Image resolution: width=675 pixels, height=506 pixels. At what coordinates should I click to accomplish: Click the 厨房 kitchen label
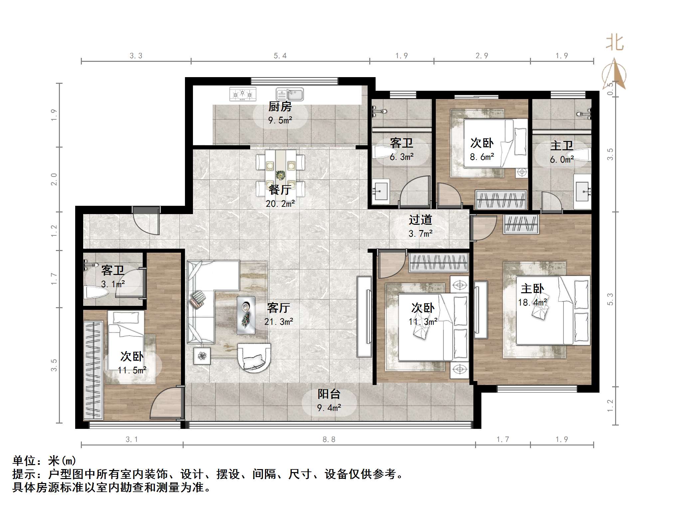coord(280,107)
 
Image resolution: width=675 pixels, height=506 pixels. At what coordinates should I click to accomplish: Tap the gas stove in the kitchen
coord(243,94)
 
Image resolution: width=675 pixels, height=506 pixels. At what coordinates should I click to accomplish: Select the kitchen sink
coord(290,94)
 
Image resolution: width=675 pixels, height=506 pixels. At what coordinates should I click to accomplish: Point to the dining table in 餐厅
coord(280,173)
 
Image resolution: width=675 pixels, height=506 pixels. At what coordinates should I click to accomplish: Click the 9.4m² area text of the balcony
coord(329,408)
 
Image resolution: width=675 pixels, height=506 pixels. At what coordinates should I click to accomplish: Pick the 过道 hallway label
coord(421,220)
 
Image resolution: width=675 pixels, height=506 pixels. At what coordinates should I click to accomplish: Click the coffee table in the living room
coord(246,315)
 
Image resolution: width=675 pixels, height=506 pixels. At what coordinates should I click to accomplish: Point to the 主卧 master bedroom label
coord(532,289)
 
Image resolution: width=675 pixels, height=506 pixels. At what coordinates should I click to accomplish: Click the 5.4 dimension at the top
coord(280,56)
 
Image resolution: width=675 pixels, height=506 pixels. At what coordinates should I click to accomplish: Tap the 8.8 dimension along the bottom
coord(329,440)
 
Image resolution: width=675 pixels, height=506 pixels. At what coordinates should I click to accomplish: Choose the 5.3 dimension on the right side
coord(610,299)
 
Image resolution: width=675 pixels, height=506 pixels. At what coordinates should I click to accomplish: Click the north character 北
coord(614,43)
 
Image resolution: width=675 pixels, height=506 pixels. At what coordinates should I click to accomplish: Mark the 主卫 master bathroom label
coord(562,146)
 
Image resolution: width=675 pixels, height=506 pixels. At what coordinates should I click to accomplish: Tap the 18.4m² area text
coord(532,303)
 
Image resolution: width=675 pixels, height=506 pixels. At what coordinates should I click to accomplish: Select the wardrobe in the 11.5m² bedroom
coord(93,370)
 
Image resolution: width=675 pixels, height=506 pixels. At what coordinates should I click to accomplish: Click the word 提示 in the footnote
coord(24,474)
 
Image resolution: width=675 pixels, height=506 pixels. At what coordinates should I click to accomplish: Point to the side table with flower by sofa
coord(202,356)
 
